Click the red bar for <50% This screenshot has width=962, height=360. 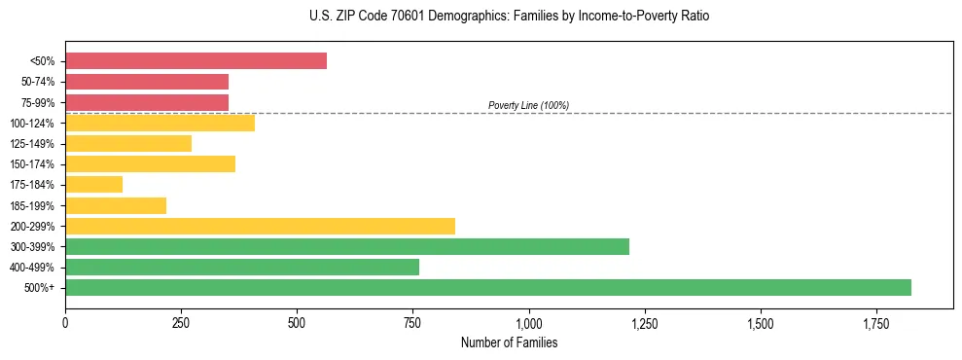196,61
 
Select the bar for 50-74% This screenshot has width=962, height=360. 147,82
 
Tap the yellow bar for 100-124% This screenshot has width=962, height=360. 160,123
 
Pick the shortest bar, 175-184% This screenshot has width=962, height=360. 93,184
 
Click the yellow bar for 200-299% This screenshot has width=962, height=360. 260,226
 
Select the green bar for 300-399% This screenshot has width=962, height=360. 347,246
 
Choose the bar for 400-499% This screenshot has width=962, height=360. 242,267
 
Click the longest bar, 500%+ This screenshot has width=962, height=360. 488,287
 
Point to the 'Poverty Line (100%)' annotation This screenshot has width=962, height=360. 528,105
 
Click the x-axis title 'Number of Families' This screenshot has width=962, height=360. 509,343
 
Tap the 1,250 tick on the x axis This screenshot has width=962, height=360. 644,323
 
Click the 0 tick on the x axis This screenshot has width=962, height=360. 65,323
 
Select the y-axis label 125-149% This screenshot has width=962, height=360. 34,144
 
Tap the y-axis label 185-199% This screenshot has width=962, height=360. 34,205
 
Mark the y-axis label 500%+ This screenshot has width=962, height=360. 42,288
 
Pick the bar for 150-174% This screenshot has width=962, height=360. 150,163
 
